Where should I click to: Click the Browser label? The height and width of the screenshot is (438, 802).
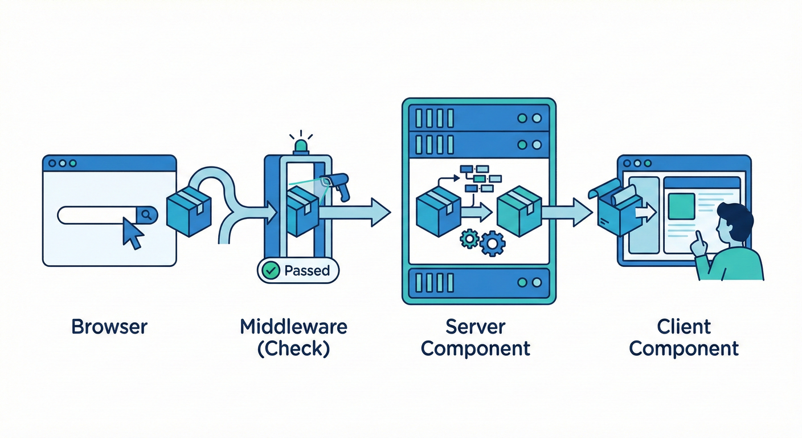109,327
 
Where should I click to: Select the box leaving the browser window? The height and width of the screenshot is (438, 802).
189,213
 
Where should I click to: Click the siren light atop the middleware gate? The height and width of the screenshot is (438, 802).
300,147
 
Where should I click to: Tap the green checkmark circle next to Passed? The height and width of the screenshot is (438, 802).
269,270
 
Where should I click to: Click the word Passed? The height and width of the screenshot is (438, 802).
306,270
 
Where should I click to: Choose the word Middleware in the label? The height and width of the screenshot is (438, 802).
293,327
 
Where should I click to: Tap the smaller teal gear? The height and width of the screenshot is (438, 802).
469,238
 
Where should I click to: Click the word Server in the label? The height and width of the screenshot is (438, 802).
475,327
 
